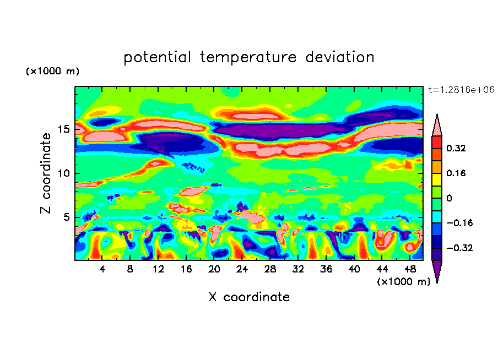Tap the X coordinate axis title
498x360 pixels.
click(248, 297)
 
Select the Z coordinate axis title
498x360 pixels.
click(46, 173)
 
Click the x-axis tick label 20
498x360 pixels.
click(214, 269)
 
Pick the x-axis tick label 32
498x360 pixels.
click(298, 269)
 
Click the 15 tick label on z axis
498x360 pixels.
click(63, 129)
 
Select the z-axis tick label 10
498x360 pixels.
click(63, 173)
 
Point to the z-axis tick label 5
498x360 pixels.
click(66, 217)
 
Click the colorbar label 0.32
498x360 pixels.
click(456, 148)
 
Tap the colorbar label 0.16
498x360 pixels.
click(456, 173)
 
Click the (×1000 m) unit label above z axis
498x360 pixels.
click(52, 72)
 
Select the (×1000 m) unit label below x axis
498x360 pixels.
click(403, 281)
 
